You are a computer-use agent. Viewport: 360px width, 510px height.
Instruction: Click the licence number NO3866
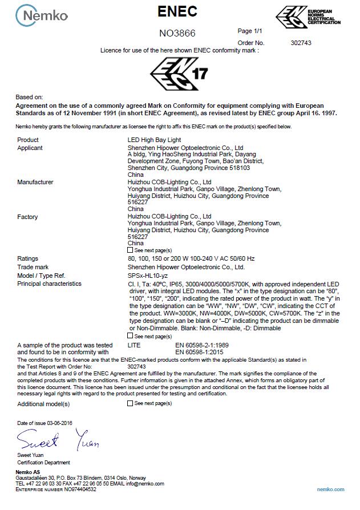pos(177,33)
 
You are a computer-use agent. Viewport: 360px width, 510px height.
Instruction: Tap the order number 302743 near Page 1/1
pos(301,43)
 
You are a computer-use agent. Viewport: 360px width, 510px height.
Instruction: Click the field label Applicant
pos(30,148)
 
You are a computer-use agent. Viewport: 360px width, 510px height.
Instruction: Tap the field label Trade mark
pos(33,267)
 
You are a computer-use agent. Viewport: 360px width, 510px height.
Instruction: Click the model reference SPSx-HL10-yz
pos(148,275)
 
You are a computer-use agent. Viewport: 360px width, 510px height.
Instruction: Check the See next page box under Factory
pos(130,250)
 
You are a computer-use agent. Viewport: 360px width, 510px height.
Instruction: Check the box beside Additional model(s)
pos(130,403)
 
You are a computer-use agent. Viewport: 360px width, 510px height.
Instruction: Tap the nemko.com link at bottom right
pos(331,489)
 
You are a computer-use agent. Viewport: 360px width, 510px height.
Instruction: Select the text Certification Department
pos(43,463)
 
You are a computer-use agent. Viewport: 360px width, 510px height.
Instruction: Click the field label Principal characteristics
pos(49,284)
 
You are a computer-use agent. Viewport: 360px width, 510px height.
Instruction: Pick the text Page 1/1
pos(249,31)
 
